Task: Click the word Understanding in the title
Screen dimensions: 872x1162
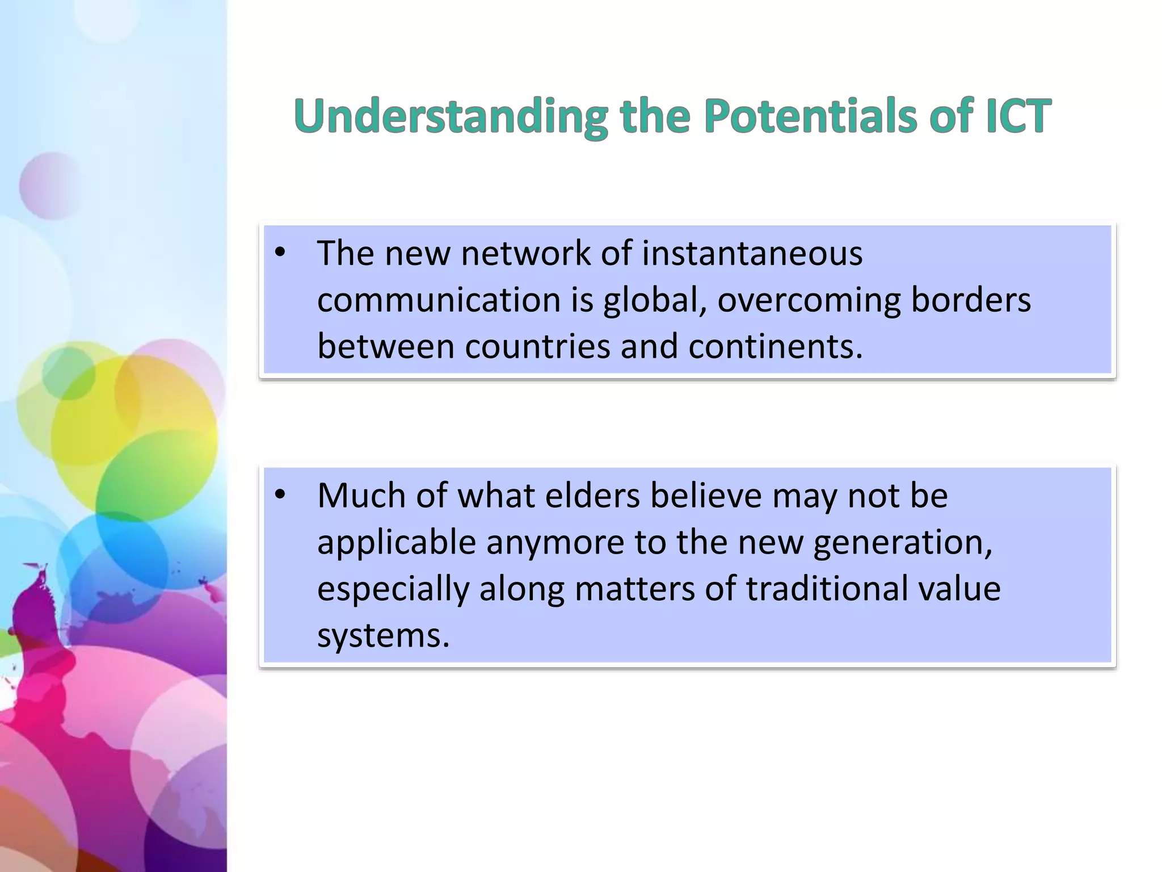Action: point(451,116)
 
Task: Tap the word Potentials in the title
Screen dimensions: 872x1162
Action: point(810,116)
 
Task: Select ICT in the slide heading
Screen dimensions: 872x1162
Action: point(1018,116)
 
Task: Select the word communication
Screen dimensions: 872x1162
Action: point(439,300)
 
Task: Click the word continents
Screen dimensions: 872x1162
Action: point(775,347)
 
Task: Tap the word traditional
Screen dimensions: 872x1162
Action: point(827,589)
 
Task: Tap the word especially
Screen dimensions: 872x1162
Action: point(393,589)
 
